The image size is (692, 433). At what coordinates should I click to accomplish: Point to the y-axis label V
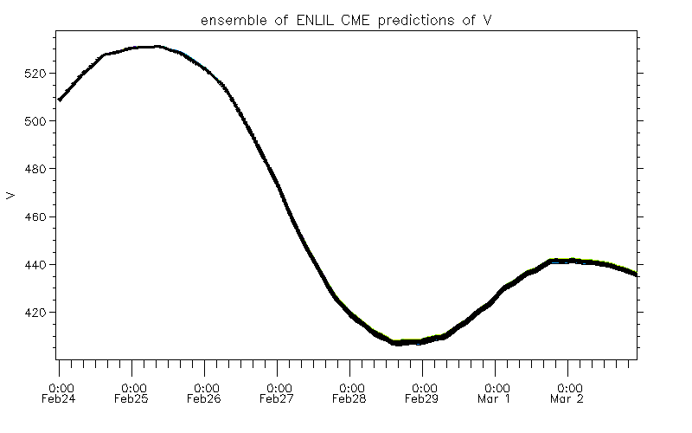pos(11,195)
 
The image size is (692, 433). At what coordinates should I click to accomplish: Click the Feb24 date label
pos(60,399)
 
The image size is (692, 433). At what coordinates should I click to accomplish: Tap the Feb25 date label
pos(132,399)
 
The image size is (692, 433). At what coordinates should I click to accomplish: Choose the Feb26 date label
pos(205,399)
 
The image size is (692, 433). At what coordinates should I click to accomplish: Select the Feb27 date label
pos(278,399)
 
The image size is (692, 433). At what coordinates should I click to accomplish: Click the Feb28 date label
pos(350,399)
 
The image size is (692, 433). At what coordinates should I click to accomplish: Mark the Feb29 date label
pos(423,399)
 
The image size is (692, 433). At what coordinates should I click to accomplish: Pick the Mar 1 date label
pos(496,399)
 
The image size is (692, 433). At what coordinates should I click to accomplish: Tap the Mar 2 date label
pos(568,399)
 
